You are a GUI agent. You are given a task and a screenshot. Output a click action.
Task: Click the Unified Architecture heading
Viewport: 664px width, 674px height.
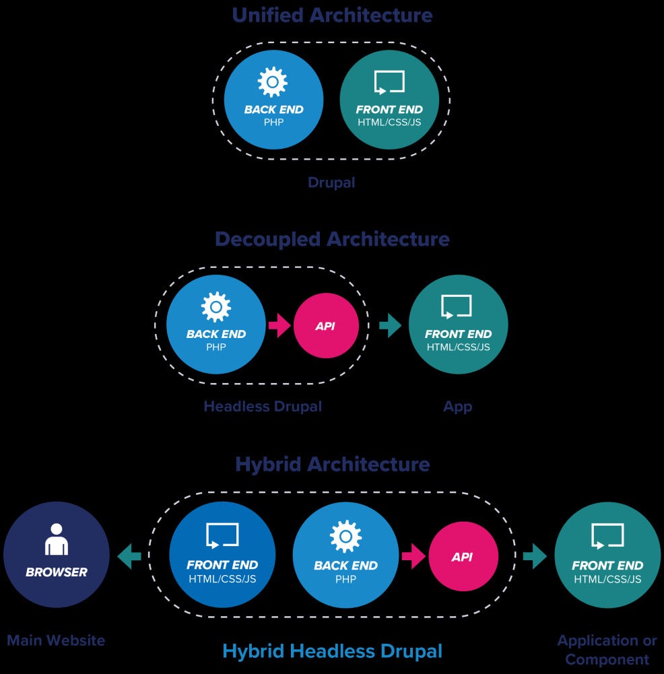point(332,15)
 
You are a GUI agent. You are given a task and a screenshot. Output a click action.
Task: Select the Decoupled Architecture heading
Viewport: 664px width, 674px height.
point(332,239)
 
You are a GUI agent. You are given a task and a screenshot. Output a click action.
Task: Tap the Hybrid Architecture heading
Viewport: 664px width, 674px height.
point(332,464)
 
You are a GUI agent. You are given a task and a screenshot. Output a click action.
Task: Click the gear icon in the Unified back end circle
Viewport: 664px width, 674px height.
point(273,82)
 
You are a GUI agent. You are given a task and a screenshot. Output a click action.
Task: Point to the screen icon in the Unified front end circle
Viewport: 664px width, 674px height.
point(389,82)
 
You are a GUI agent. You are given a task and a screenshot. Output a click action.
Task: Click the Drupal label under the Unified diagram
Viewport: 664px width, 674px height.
point(331,182)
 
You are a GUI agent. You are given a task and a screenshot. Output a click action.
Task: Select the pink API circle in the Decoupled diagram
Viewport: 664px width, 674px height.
point(326,326)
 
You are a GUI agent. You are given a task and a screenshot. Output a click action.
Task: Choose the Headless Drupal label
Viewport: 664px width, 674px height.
point(263,407)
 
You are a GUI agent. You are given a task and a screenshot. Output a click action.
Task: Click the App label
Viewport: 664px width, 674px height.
point(458,407)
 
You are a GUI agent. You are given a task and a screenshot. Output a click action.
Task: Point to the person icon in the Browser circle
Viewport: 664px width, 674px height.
point(56,539)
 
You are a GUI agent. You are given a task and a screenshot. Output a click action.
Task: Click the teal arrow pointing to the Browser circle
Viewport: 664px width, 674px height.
point(129,557)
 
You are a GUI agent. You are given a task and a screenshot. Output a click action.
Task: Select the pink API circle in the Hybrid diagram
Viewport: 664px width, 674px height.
point(463,557)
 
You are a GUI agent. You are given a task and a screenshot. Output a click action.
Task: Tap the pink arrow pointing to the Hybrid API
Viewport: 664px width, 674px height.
point(413,557)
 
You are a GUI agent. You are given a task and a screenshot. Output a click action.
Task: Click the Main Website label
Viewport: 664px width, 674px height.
point(56,640)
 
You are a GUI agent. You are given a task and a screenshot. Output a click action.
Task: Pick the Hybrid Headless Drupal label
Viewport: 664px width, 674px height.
point(332,651)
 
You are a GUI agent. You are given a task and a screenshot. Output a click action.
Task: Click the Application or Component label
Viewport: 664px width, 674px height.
point(607,650)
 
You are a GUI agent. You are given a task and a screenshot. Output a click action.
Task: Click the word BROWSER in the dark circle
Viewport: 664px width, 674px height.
point(57,572)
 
